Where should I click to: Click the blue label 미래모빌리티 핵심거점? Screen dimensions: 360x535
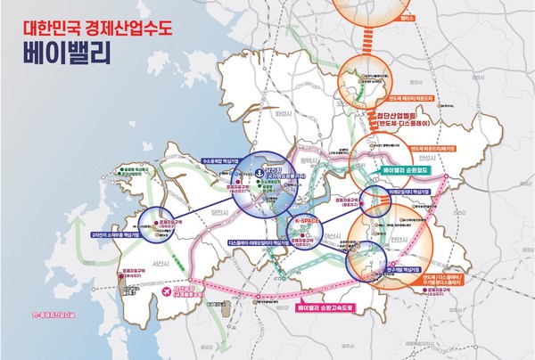[x=409, y=192]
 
